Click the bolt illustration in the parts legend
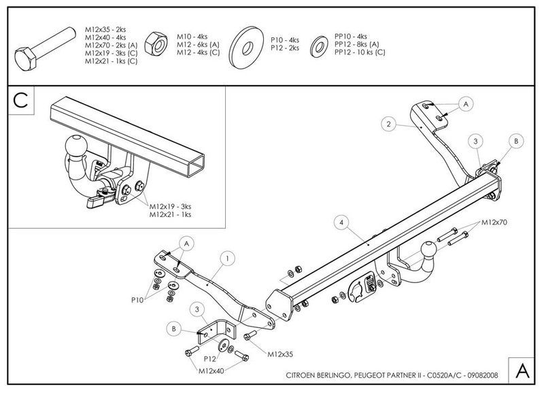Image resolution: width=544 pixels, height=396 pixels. [x=45, y=48]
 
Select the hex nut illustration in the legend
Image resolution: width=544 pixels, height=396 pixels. [x=156, y=44]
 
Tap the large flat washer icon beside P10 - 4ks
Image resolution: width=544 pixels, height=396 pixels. [x=246, y=47]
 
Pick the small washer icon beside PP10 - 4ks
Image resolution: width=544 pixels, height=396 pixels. [x=319, y=46]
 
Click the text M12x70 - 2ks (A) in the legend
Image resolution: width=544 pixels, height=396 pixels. [x=112, y=46]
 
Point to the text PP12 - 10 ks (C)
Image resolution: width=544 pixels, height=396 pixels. [x=360, y=52]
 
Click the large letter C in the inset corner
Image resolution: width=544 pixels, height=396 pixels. [x=20, y=100]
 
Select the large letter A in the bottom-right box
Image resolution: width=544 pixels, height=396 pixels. [x=522, y=371]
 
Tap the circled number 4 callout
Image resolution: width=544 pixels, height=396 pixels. [x=342, y=222]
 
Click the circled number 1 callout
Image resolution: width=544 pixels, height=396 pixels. [x=228, y=259]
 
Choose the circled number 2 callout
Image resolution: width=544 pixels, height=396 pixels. [x=388, y=124]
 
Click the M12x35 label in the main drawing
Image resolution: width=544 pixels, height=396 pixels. [x=280, y=354]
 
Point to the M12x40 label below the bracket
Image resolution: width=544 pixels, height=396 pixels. [x=211, y=371]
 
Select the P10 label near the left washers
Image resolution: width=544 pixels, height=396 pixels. [x=137, y=300]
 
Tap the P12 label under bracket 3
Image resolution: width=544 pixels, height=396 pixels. [x=210, y=359]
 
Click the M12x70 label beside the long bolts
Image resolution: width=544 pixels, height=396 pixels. [x=494, y=222]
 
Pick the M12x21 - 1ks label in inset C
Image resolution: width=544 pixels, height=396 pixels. [x=171, y=214]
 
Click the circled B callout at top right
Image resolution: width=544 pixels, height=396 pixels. [x=516, y=142]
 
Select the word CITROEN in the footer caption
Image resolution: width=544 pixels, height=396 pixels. [x=300, y=375]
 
